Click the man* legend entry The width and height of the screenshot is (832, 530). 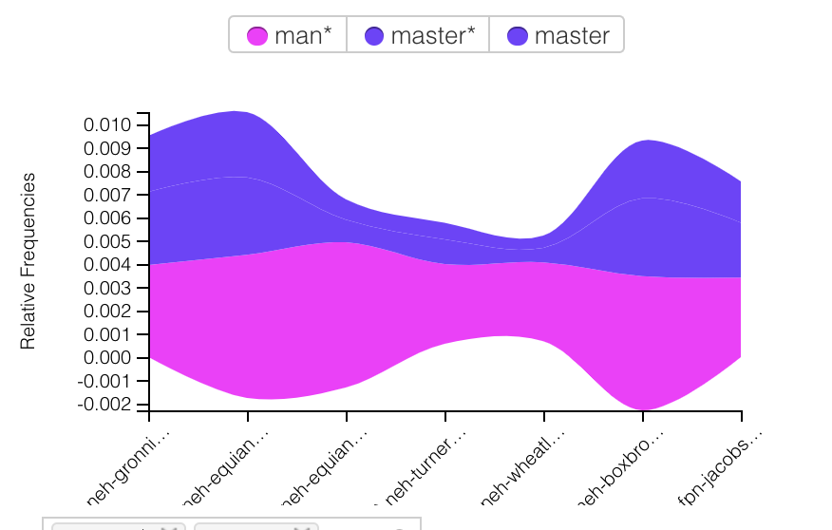pyautogui.click(x=289, y=36)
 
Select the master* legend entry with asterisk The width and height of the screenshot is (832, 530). pyautogui.click(x=418, y=36)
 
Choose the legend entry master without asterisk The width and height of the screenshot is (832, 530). pyautogui.click(x=558, y=36)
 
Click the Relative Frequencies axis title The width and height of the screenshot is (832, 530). pyautogui.click(x=28, y=260)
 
